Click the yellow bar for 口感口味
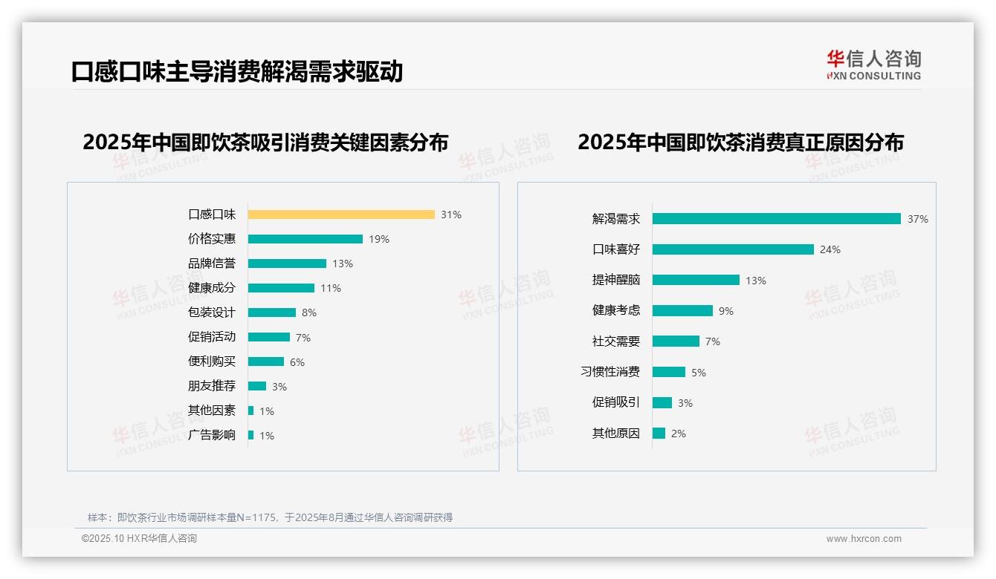click(x=341, y=215)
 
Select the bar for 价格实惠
click(x=305, y=239)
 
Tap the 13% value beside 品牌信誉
click(x=343, y=264)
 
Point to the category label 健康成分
click(x=212, y=288)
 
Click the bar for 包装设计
click(x=272, y=313)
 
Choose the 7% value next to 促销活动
click(x=303, y=338)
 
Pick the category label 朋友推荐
click(x=212, y=386)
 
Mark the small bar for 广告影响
click(x=251, y=435)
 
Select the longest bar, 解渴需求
click(x=777, y=219)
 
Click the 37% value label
click(x=918, y=219)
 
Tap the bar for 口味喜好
click(x=733, y=249)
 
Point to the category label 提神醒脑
click(x=616, y=280)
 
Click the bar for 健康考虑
click(x=682, y=311)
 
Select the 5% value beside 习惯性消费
click(x=699, y=373)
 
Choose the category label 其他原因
click(x=616, y=434)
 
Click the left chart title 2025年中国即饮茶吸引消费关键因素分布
click(x=265, y=142)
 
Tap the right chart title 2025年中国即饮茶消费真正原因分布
click(x=740, y=142)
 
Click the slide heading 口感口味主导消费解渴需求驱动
click(x=237, y=71)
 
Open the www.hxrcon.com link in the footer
click(x=864, y=539)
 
